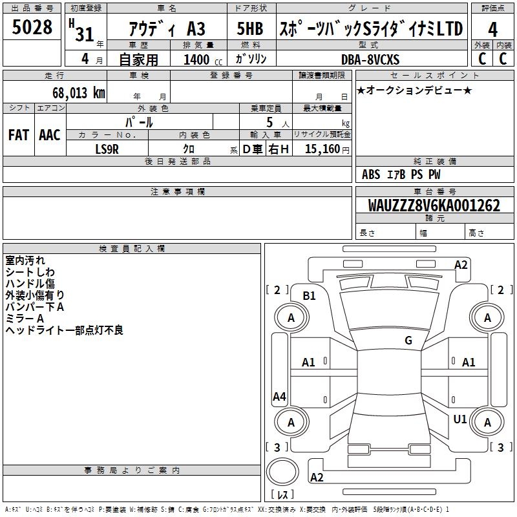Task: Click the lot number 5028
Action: coord(32,28)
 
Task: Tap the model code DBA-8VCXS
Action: coord(370,59)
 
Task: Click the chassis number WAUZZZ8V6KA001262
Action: coord(434,206)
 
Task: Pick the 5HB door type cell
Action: coord(249,28)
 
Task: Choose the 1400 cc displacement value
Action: coord(196,60)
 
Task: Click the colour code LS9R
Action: coord(107,149)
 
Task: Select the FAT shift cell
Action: coord(18,135)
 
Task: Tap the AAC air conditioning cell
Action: coord(49,135)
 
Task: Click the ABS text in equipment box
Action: coord(371,174)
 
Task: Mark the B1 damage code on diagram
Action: coord(310,295)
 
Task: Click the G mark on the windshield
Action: coord(408,340)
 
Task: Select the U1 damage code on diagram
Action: coord(459,419)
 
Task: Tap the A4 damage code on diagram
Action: coord(279,397)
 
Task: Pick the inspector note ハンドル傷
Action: coord(30,283)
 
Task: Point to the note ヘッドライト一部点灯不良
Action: coord(64,330)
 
